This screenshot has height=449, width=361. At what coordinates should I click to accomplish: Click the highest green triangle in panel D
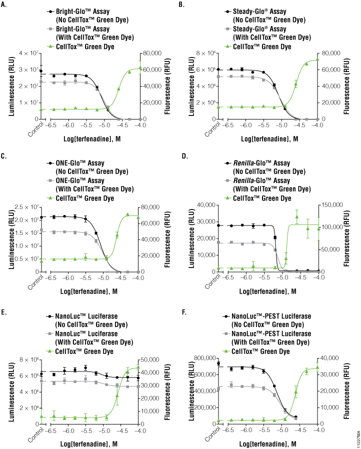coord(297,216)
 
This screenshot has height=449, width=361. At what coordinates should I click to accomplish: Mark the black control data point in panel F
coord(219,363)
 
